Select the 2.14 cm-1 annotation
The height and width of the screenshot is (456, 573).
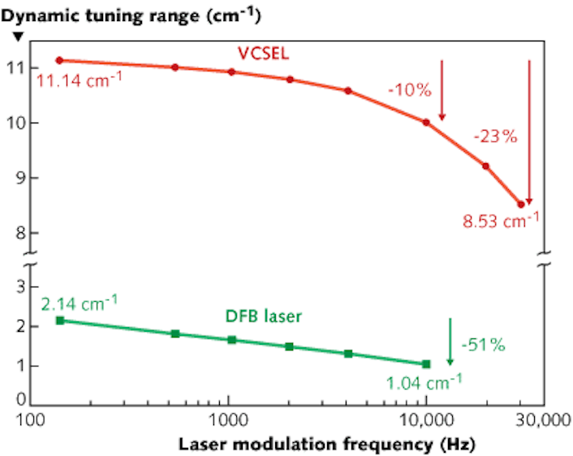click(79, 303)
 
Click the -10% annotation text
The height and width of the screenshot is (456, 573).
click(410, 90)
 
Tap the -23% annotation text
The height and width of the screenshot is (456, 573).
click(494, 136)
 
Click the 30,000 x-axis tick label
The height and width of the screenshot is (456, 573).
click(543, 419)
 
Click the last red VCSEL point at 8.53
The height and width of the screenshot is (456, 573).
click(520, 204)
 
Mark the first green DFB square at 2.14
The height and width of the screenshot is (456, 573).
click(59, 320)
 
